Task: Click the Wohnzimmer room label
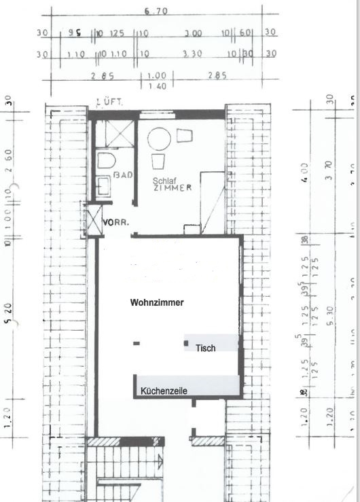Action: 157,303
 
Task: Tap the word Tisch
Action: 205,348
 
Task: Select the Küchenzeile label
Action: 164,391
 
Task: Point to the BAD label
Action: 123,175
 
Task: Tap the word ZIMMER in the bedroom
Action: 173,188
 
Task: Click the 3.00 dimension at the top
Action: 194,33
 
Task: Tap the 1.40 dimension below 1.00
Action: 157,86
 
